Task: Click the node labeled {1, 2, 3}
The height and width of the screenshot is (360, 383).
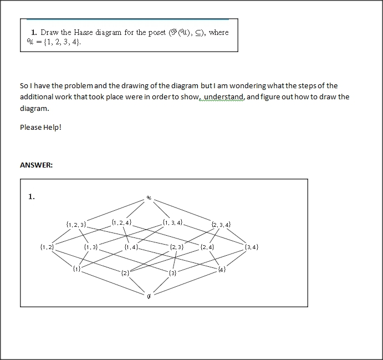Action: tap(76, 225)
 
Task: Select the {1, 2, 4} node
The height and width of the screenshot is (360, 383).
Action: tap(121, 222)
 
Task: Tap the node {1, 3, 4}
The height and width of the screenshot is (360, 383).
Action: tap(173, 222)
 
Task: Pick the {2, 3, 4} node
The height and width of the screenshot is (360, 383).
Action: tap(221, 225)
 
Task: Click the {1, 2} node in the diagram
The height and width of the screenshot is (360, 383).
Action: tap(47, 246)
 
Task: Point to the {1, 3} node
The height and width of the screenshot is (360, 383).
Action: tap(91, 246)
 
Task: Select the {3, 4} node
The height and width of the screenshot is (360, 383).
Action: tap(251, 246)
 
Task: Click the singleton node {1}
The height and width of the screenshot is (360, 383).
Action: tap(76, 269)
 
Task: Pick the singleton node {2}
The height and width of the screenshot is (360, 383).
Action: tap(125, 272)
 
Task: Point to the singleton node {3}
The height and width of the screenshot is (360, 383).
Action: tap(173, 272)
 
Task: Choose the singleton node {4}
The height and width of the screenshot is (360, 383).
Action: tap(222, 270)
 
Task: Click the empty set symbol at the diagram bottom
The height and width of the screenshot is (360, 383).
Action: tap(149, 297)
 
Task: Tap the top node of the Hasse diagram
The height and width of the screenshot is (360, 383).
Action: tap(149, 197)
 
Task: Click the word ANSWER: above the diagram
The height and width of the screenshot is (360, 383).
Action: tap(36, 165)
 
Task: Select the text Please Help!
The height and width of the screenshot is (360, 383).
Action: tap(40, 127)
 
